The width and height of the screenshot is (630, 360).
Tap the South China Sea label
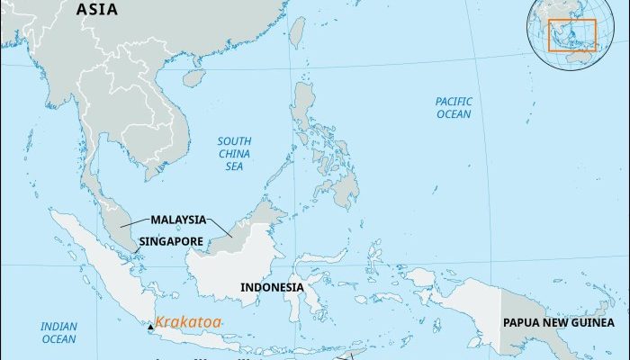(234, 154)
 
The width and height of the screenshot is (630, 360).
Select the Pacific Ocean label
(453, 108)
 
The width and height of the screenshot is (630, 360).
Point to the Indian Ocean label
(58, 332)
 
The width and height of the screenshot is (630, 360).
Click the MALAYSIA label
(178, 220)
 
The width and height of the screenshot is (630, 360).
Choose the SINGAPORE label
(172, 241)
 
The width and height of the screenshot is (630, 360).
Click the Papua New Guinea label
(559, 322)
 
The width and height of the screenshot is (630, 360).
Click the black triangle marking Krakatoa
(149, 328)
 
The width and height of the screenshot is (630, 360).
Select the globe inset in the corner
(575, 35)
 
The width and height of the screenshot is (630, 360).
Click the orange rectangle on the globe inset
(573, 33)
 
